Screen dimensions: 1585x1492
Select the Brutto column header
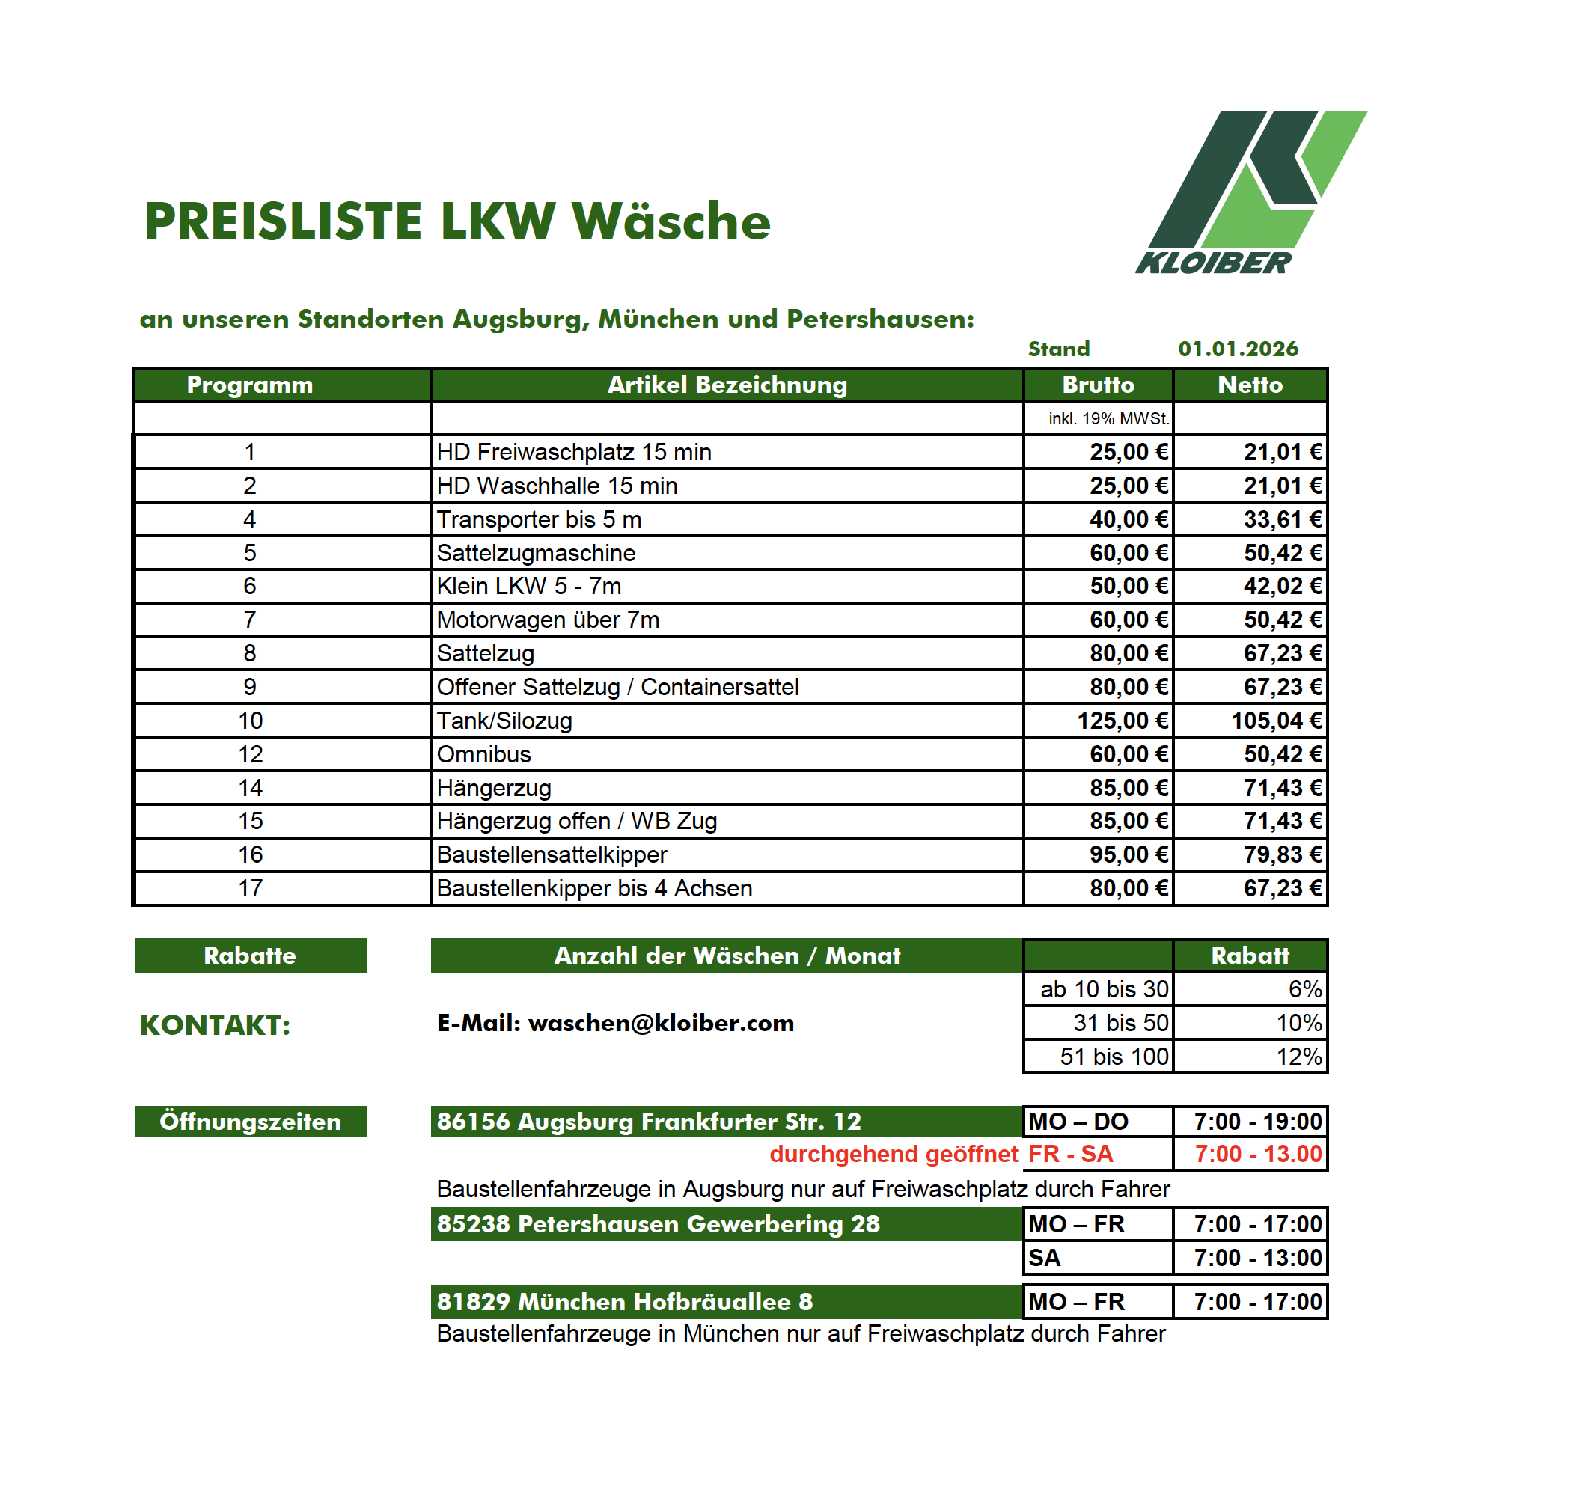tap(1098, 385)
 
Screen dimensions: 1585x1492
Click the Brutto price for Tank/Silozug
tap(1122, 721)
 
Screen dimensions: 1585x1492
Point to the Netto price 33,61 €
tap(1282, 519)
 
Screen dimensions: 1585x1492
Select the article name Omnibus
tap(484, 754)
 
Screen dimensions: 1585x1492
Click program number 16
tap(251, 854)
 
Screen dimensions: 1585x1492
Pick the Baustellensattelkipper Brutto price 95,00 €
tap(1129, 854)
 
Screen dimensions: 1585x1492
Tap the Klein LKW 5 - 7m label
tap(528, 586)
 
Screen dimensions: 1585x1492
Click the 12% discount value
tap(1299, 1057)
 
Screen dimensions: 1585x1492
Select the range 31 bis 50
tap(1120, 1023)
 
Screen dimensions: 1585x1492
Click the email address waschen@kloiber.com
tap(661, 1023)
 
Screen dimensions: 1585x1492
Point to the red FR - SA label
tap(1070, 1154)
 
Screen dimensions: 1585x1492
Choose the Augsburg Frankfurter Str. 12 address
tap(648, 1122)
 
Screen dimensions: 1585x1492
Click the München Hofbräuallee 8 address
tap(624, 1301)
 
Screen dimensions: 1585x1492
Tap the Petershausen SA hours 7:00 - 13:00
tap(1257, 1258)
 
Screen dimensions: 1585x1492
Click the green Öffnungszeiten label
tap(251, 1122)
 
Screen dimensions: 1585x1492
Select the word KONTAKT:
tap(216, 1025)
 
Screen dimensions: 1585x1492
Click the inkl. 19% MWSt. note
tap(1108, 418)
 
